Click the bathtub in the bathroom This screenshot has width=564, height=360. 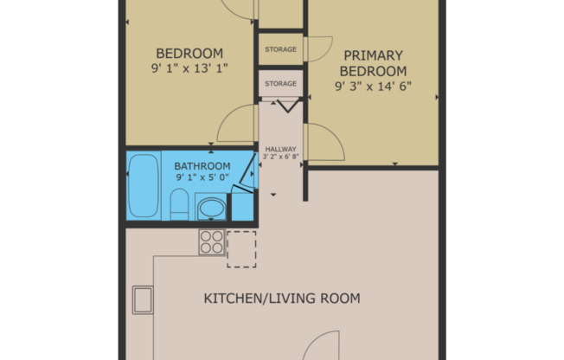144,186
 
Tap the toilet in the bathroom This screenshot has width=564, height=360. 179,204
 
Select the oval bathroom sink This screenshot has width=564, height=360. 211,209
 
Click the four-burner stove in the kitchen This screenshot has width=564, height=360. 212,242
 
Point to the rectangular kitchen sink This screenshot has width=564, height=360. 143,300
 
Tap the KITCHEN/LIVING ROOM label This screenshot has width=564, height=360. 282,299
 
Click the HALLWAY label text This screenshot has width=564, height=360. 281,149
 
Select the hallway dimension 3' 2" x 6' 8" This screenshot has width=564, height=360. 281,157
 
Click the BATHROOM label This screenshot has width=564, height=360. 202,166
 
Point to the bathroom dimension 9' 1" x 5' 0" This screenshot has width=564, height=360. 202,177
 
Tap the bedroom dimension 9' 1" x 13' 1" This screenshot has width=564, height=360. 189,68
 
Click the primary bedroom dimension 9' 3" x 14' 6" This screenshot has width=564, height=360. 374,87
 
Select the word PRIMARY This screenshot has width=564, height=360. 374,55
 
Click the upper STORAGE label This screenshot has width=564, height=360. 281,49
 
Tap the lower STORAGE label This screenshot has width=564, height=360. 281,84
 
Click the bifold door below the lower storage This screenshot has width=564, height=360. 288,106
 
